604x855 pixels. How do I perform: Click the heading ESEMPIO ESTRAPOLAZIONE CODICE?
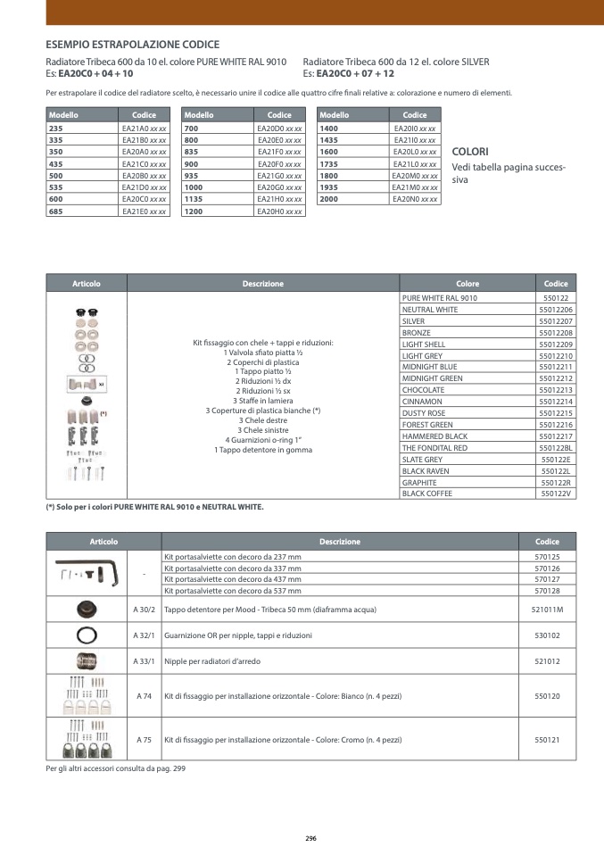coord(132,45)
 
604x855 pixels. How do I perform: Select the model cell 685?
coord(55,212)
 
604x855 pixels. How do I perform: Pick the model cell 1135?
coord(194,200)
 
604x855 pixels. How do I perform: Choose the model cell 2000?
coord(329,200)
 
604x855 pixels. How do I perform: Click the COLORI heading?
coord(470,153)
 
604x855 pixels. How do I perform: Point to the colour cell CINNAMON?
coord(423,402)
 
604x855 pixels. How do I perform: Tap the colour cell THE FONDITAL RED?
coord(434,448)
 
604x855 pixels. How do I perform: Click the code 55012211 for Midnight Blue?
coord(555,367)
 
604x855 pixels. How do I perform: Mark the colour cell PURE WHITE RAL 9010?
coord(440,297)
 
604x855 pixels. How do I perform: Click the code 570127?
coord(547,579)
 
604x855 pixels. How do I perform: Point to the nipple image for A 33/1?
coord(87,661)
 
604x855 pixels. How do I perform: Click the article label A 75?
coord(144,740)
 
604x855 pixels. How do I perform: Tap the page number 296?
coord(310,838)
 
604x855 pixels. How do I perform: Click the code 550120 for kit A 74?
coord(547,695)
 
